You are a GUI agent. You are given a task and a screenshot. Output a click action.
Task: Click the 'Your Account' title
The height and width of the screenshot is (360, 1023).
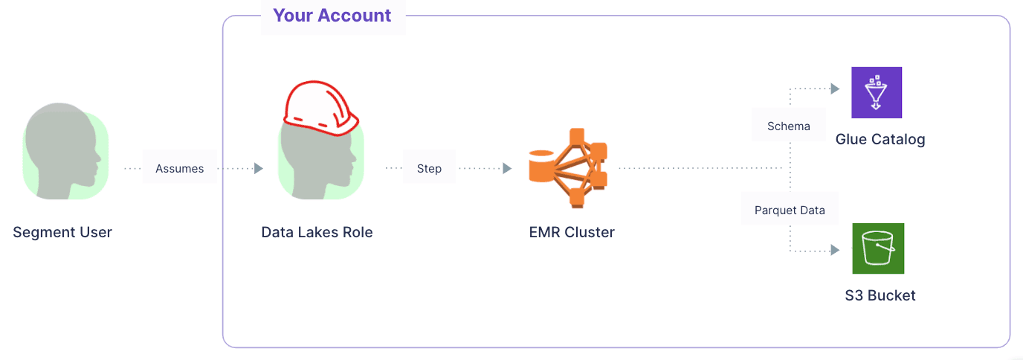[332, 16]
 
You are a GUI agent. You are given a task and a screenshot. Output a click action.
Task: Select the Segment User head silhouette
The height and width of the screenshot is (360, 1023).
[62, 152]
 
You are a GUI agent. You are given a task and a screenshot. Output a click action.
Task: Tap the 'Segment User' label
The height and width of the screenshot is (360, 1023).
[62, 232]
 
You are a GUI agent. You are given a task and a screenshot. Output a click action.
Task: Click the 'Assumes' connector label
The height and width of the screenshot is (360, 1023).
[179, 169]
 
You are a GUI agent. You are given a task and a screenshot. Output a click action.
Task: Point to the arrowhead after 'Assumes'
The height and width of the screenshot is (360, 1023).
[259, 169]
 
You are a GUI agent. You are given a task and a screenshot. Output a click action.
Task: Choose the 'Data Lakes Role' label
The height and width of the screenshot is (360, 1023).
[317, 232]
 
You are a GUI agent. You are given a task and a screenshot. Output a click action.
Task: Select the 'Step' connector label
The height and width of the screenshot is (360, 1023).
[429, 169]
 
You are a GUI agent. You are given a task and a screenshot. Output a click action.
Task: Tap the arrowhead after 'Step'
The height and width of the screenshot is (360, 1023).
[507, 169]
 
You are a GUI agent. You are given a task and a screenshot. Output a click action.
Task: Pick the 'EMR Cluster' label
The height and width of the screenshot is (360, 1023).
[572, 232]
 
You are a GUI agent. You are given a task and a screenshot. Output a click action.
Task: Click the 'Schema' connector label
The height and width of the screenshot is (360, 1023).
[789, 126]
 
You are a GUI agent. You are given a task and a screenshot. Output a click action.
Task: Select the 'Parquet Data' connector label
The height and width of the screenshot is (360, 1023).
[790, 210]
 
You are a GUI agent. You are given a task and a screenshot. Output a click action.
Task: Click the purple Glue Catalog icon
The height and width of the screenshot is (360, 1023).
[877, 92]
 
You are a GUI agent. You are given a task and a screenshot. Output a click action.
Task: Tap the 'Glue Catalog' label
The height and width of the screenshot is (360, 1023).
[880, 140]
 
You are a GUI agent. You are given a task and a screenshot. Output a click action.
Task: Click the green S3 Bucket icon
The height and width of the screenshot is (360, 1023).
[878, 248]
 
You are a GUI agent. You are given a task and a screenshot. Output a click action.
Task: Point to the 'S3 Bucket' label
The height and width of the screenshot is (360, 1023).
[880, 295]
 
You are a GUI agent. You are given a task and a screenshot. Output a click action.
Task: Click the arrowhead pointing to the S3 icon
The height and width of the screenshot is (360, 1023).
[835, 250]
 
